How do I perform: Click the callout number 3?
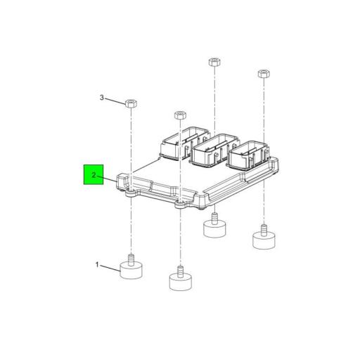[x=101, y=98]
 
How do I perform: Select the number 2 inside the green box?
[x=93, y=174]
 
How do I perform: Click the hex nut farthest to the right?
[x=264, y=73]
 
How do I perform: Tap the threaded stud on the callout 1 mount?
[x=131, y=257]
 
